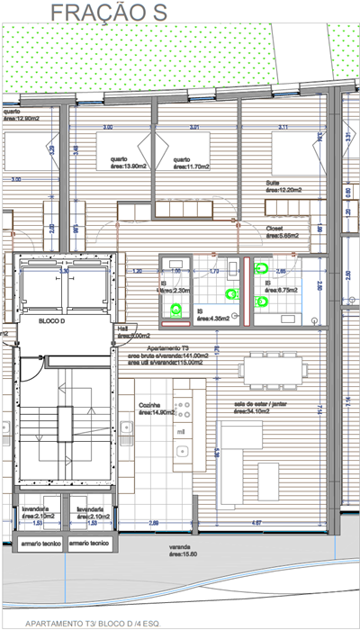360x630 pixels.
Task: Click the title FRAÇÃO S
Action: point(110,12)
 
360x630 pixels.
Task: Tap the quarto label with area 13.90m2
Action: point(114,162)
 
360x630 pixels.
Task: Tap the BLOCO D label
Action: point(56,319)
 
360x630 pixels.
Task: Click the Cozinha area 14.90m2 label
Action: point(150,409)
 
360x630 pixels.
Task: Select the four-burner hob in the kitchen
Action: point(184,410)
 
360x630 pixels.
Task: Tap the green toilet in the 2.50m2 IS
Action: point(175,310)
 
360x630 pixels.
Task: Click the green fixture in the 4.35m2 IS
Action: point(233,293)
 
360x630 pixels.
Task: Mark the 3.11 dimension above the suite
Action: point(284,127)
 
